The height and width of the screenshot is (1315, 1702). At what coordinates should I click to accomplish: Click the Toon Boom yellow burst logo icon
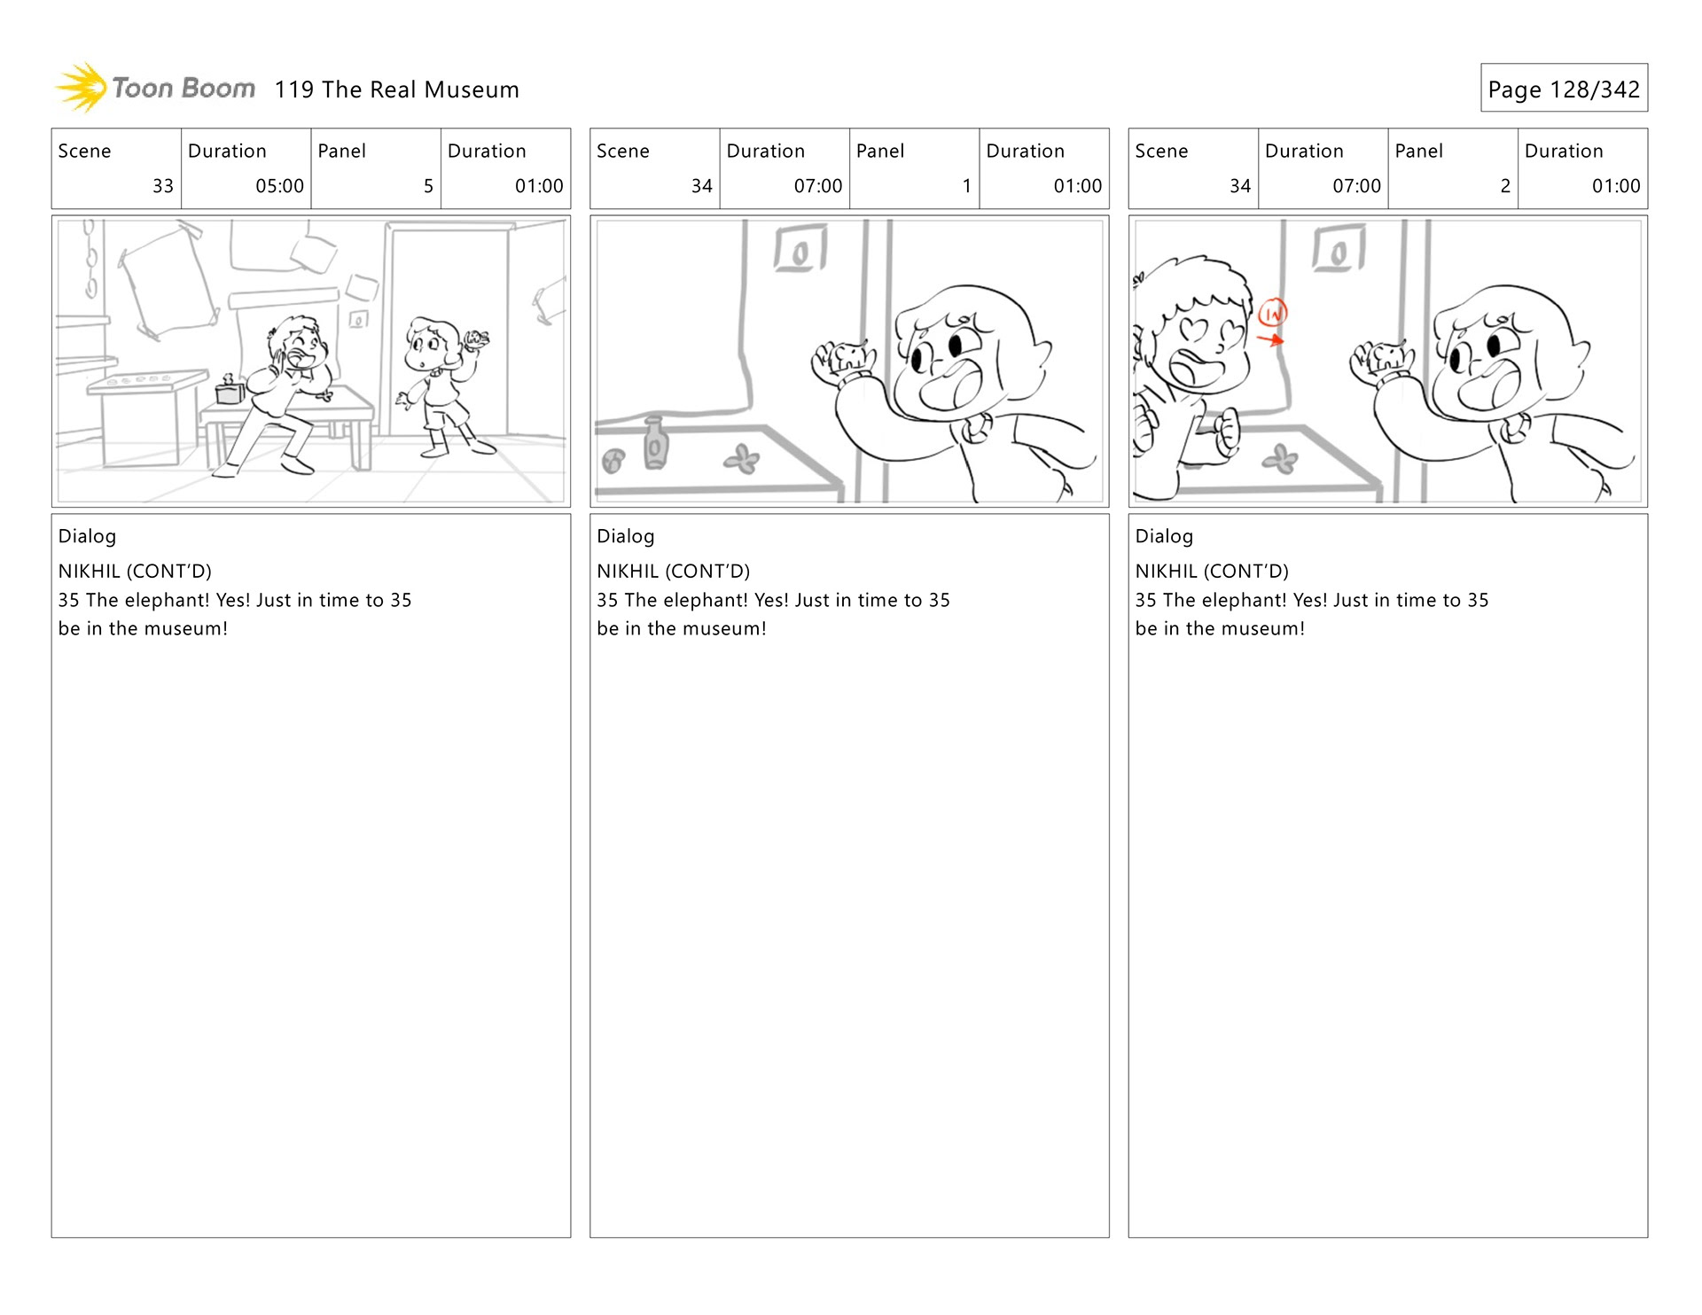pyautogui.click(x=82, y=88)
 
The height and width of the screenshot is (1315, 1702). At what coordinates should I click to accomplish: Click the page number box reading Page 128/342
pyautogui.click(x=1564, y=88)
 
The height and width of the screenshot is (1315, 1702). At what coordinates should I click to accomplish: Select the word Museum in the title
pyautogui.click(x=472, y=89)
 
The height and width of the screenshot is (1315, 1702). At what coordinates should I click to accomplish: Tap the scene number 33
pyautogui.click(x=163, y=186)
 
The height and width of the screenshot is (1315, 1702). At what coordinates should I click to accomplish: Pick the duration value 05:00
pyautogui.click(x=279, y=186)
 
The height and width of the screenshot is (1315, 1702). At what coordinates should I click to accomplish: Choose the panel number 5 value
pyautogui.click(x=428, y=186)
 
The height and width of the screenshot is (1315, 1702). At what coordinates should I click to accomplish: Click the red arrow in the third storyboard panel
pyautogui.click(x=1270, y=338)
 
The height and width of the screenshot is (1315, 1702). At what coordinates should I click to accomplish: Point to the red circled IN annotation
pyautogui.click(x=1272, y=312)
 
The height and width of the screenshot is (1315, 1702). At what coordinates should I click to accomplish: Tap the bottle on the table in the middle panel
pyautogui.click(x=654, y=442)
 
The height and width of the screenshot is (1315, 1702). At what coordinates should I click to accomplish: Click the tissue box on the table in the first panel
pyautogui.click(x=230, y=389)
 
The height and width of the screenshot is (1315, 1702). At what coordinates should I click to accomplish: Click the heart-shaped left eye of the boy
pyautogui.click(x=1193, y=330)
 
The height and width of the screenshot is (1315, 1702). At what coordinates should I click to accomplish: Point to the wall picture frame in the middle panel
pyautogui.click(x=800, y=248)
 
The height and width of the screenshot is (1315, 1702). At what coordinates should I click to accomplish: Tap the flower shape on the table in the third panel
pyautogui.click(x=1279, y=458)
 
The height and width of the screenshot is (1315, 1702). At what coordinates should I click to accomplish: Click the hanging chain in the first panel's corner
pyautogui.click(x=90, y=259)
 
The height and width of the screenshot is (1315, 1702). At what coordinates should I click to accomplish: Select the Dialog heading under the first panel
pyautogui.click(x=87, y=536)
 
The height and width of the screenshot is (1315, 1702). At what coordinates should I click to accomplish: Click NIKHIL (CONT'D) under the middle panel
pyautogui.click(x=673, y=572)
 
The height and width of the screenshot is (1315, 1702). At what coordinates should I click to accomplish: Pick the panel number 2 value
pyautogui.click(x=1505, y=186)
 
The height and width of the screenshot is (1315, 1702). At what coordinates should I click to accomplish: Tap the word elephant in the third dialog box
pyautogui.click(x=1240, y=601)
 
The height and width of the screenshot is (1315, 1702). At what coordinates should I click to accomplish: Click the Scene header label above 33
pyautogui.click(x=84, y=151)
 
